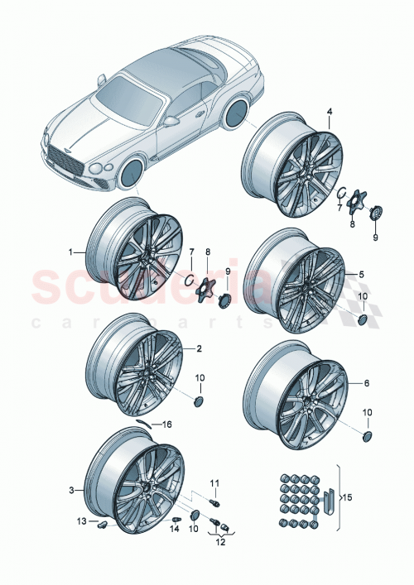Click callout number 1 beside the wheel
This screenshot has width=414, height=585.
pos(71,251)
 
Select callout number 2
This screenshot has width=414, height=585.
pos(199,348)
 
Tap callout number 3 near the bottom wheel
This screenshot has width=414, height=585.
pos(71,490)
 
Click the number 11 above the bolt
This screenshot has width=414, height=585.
pos(213,482)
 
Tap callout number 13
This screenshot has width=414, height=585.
pos(81,520)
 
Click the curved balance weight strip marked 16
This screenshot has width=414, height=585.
pos(147,421)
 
